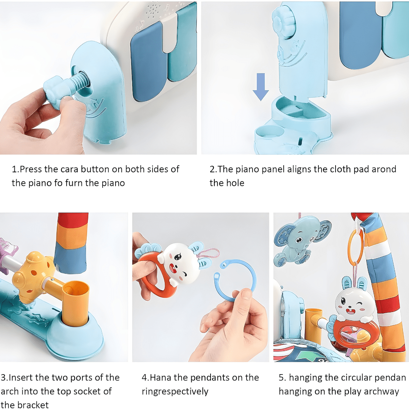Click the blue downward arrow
coord(261,87)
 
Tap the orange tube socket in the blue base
coord(76,303)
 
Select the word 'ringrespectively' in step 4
coord(175,392)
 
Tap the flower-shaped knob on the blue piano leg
coord(284,23)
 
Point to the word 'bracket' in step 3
coord(33,404)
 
